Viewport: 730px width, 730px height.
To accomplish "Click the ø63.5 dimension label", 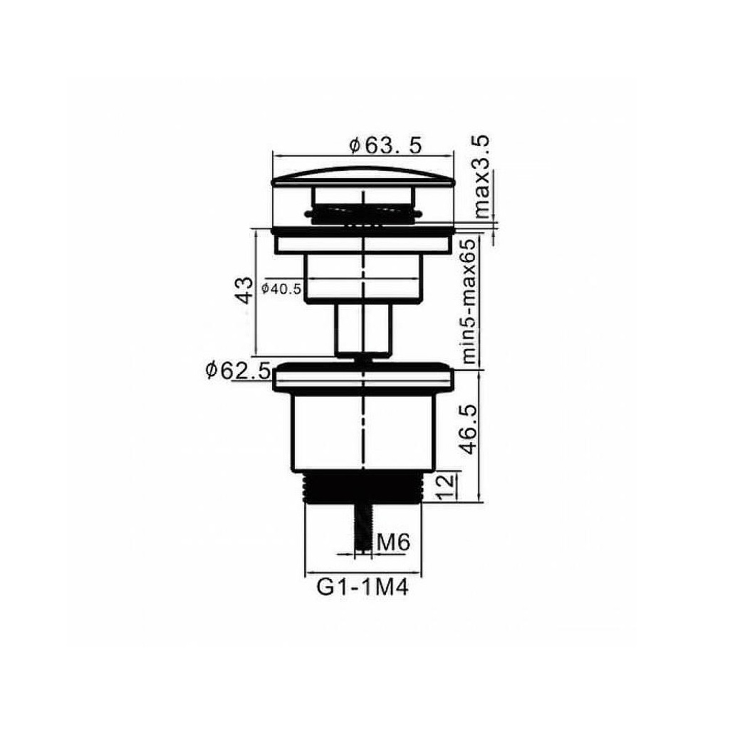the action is [385, 145].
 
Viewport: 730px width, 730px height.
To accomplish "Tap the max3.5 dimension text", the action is [481, 177].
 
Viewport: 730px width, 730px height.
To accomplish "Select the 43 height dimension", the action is [245, 290].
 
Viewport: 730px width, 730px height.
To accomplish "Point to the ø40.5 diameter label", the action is [281, 288].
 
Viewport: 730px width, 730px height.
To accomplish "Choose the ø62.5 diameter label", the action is [237, 370].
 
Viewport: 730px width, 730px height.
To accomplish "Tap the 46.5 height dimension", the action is [468, 429].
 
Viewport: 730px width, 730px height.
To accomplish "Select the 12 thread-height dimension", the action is [446, 486].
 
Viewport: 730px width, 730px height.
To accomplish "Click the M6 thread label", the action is [393, 542].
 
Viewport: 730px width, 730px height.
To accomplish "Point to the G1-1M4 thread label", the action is [363, 588].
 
